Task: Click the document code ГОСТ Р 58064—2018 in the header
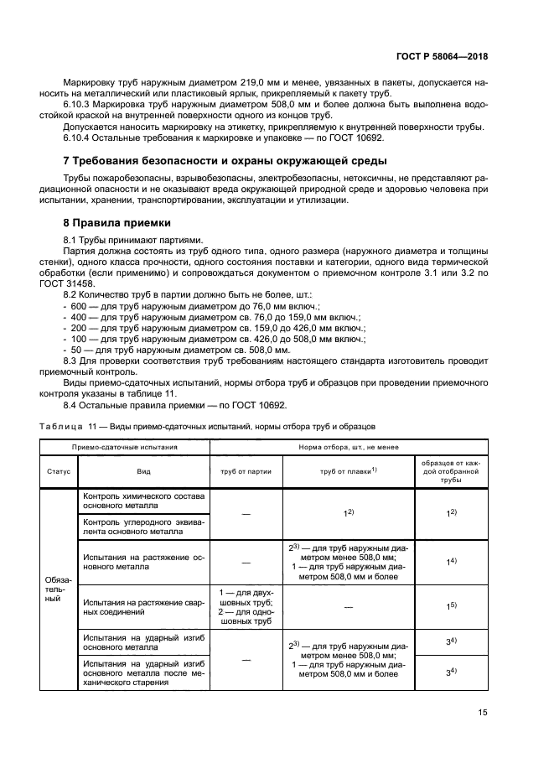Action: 441,57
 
